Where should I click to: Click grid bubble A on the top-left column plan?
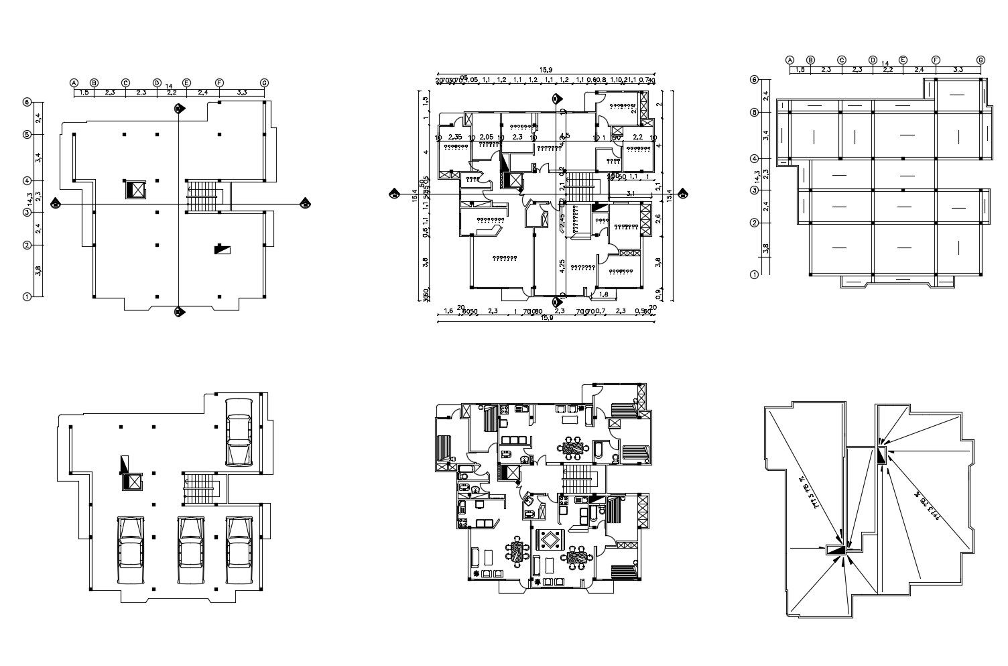tap(74, 83)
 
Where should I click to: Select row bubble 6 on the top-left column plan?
tap(27, 102)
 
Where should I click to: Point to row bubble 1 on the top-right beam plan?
tap(754, 274)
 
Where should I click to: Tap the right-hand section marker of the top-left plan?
tap(306, 203)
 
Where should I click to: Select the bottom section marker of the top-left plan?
tap(179, 312)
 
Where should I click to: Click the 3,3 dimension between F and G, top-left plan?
tap(242, 92)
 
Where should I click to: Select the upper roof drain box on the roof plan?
tap(881, 456)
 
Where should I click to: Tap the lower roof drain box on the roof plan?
tap(835, 549)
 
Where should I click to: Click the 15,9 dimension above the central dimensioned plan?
tap(546, 70)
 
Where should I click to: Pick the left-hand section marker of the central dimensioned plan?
tap(393, 195)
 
